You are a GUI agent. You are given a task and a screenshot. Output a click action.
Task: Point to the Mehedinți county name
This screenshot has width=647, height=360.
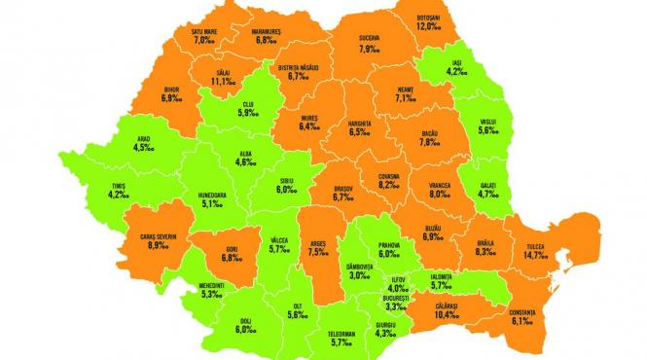(x=214, y=286)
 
